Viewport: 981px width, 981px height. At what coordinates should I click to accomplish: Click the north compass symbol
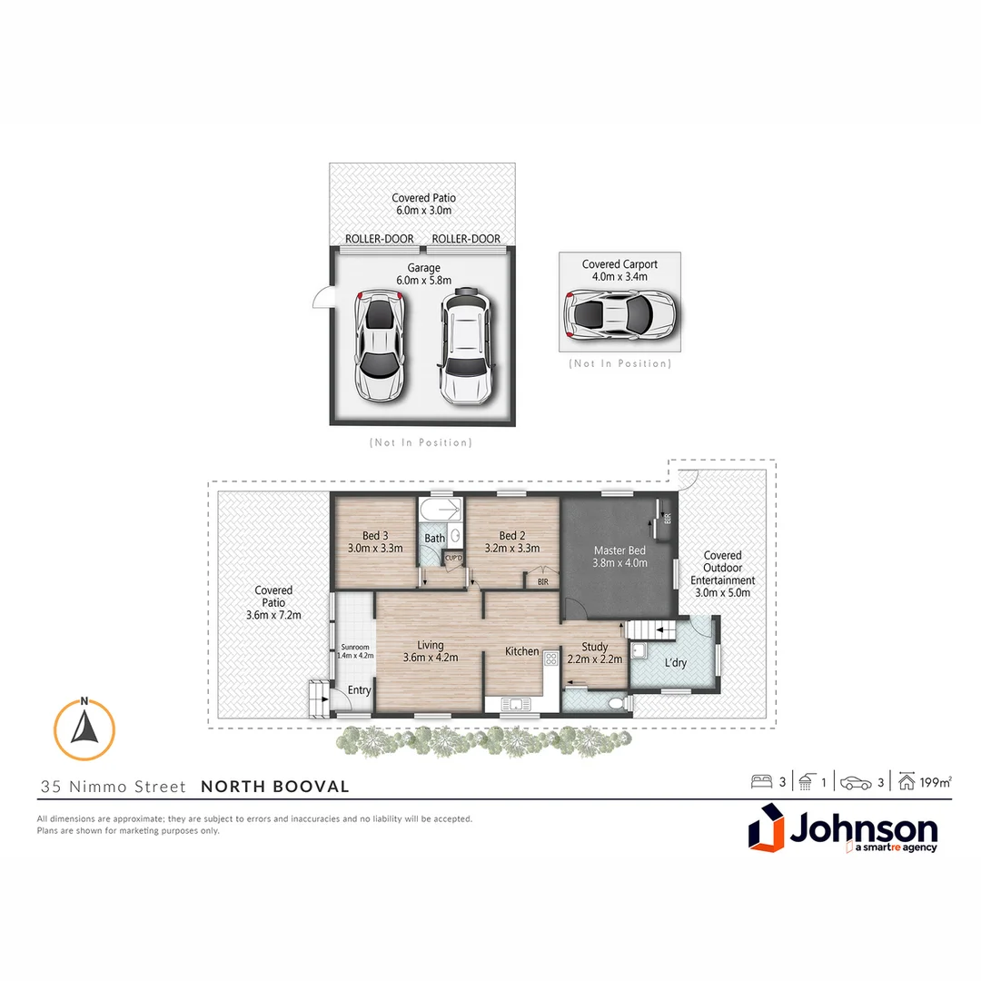(x=84, y=729)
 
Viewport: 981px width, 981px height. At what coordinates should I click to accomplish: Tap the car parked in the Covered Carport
(x=620, y=314)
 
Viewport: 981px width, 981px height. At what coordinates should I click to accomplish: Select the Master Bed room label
(x=619, y=556)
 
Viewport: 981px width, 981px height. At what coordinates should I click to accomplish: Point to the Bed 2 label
(x=512, y=535)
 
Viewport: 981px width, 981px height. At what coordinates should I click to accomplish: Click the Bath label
(x=435, y=538)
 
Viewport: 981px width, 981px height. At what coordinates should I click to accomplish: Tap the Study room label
(x=595, y=647)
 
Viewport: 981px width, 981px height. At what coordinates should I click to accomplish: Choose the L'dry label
(x=675, y=663)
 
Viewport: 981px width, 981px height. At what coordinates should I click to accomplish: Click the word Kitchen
(x=522, y=651)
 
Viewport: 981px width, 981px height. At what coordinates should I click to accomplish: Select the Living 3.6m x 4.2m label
(x=431, y=651)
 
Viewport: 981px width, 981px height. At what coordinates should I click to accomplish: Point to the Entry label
(x=360, y=690)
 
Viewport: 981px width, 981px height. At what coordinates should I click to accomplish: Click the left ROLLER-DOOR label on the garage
(x=379, y=239)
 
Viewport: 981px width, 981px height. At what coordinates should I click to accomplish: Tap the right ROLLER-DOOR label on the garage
(x=466, y=239)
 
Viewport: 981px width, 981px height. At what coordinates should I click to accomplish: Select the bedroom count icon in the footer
(x=760, y=781)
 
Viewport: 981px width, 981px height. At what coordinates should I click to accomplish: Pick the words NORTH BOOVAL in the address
(x=274, y=787)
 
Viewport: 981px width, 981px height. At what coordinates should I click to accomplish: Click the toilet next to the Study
(x=615, y=702)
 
